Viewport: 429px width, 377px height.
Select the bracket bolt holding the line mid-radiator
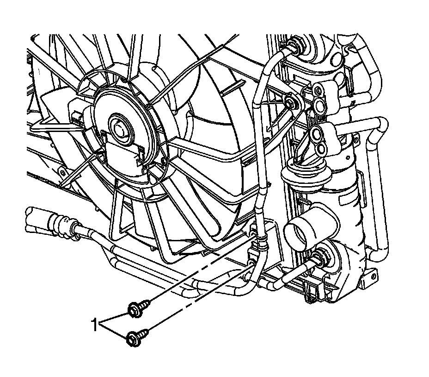pyautogui.click(x=291, y=102)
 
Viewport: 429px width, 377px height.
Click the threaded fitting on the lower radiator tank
pyautogui.click(x=319, y=258)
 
